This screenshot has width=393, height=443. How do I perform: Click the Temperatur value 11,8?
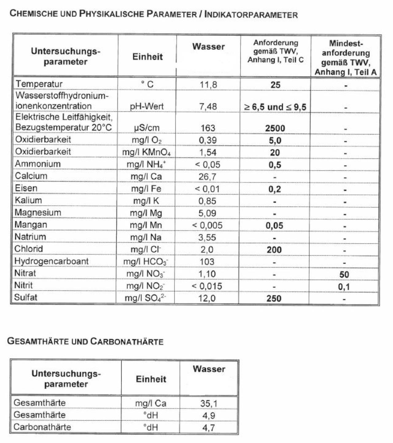tap(208, 85)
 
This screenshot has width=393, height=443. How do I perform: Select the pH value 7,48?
tap(208, 107)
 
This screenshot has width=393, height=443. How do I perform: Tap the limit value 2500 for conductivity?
tap(275, 128)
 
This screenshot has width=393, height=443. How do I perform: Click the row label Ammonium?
tap(38, 164)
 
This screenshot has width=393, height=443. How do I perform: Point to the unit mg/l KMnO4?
tap(146, 152)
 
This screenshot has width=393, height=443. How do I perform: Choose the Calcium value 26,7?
tap(207, 177)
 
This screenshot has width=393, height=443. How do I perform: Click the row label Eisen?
tap(26, 188)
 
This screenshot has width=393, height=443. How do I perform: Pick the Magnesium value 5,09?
tap(207, 213)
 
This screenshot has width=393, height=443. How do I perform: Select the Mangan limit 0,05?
tap(274, 226)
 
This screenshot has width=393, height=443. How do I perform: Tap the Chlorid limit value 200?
tap(274, 250)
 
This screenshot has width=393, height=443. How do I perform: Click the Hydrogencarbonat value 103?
tap(207, 262)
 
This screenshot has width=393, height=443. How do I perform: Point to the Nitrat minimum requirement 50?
tap(344, 274)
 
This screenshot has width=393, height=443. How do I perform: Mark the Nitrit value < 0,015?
tap(207, 286)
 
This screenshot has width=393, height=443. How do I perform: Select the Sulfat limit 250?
tap(274, 298)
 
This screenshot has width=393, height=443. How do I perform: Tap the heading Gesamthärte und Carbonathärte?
tap(85, 341)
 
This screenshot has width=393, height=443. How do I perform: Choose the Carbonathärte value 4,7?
tap(208, 428)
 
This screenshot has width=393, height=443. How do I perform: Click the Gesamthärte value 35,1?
tap(209, 403)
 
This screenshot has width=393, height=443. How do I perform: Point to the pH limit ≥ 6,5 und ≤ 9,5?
tap(275, 107)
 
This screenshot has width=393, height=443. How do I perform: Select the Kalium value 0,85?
tap(207, 201)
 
